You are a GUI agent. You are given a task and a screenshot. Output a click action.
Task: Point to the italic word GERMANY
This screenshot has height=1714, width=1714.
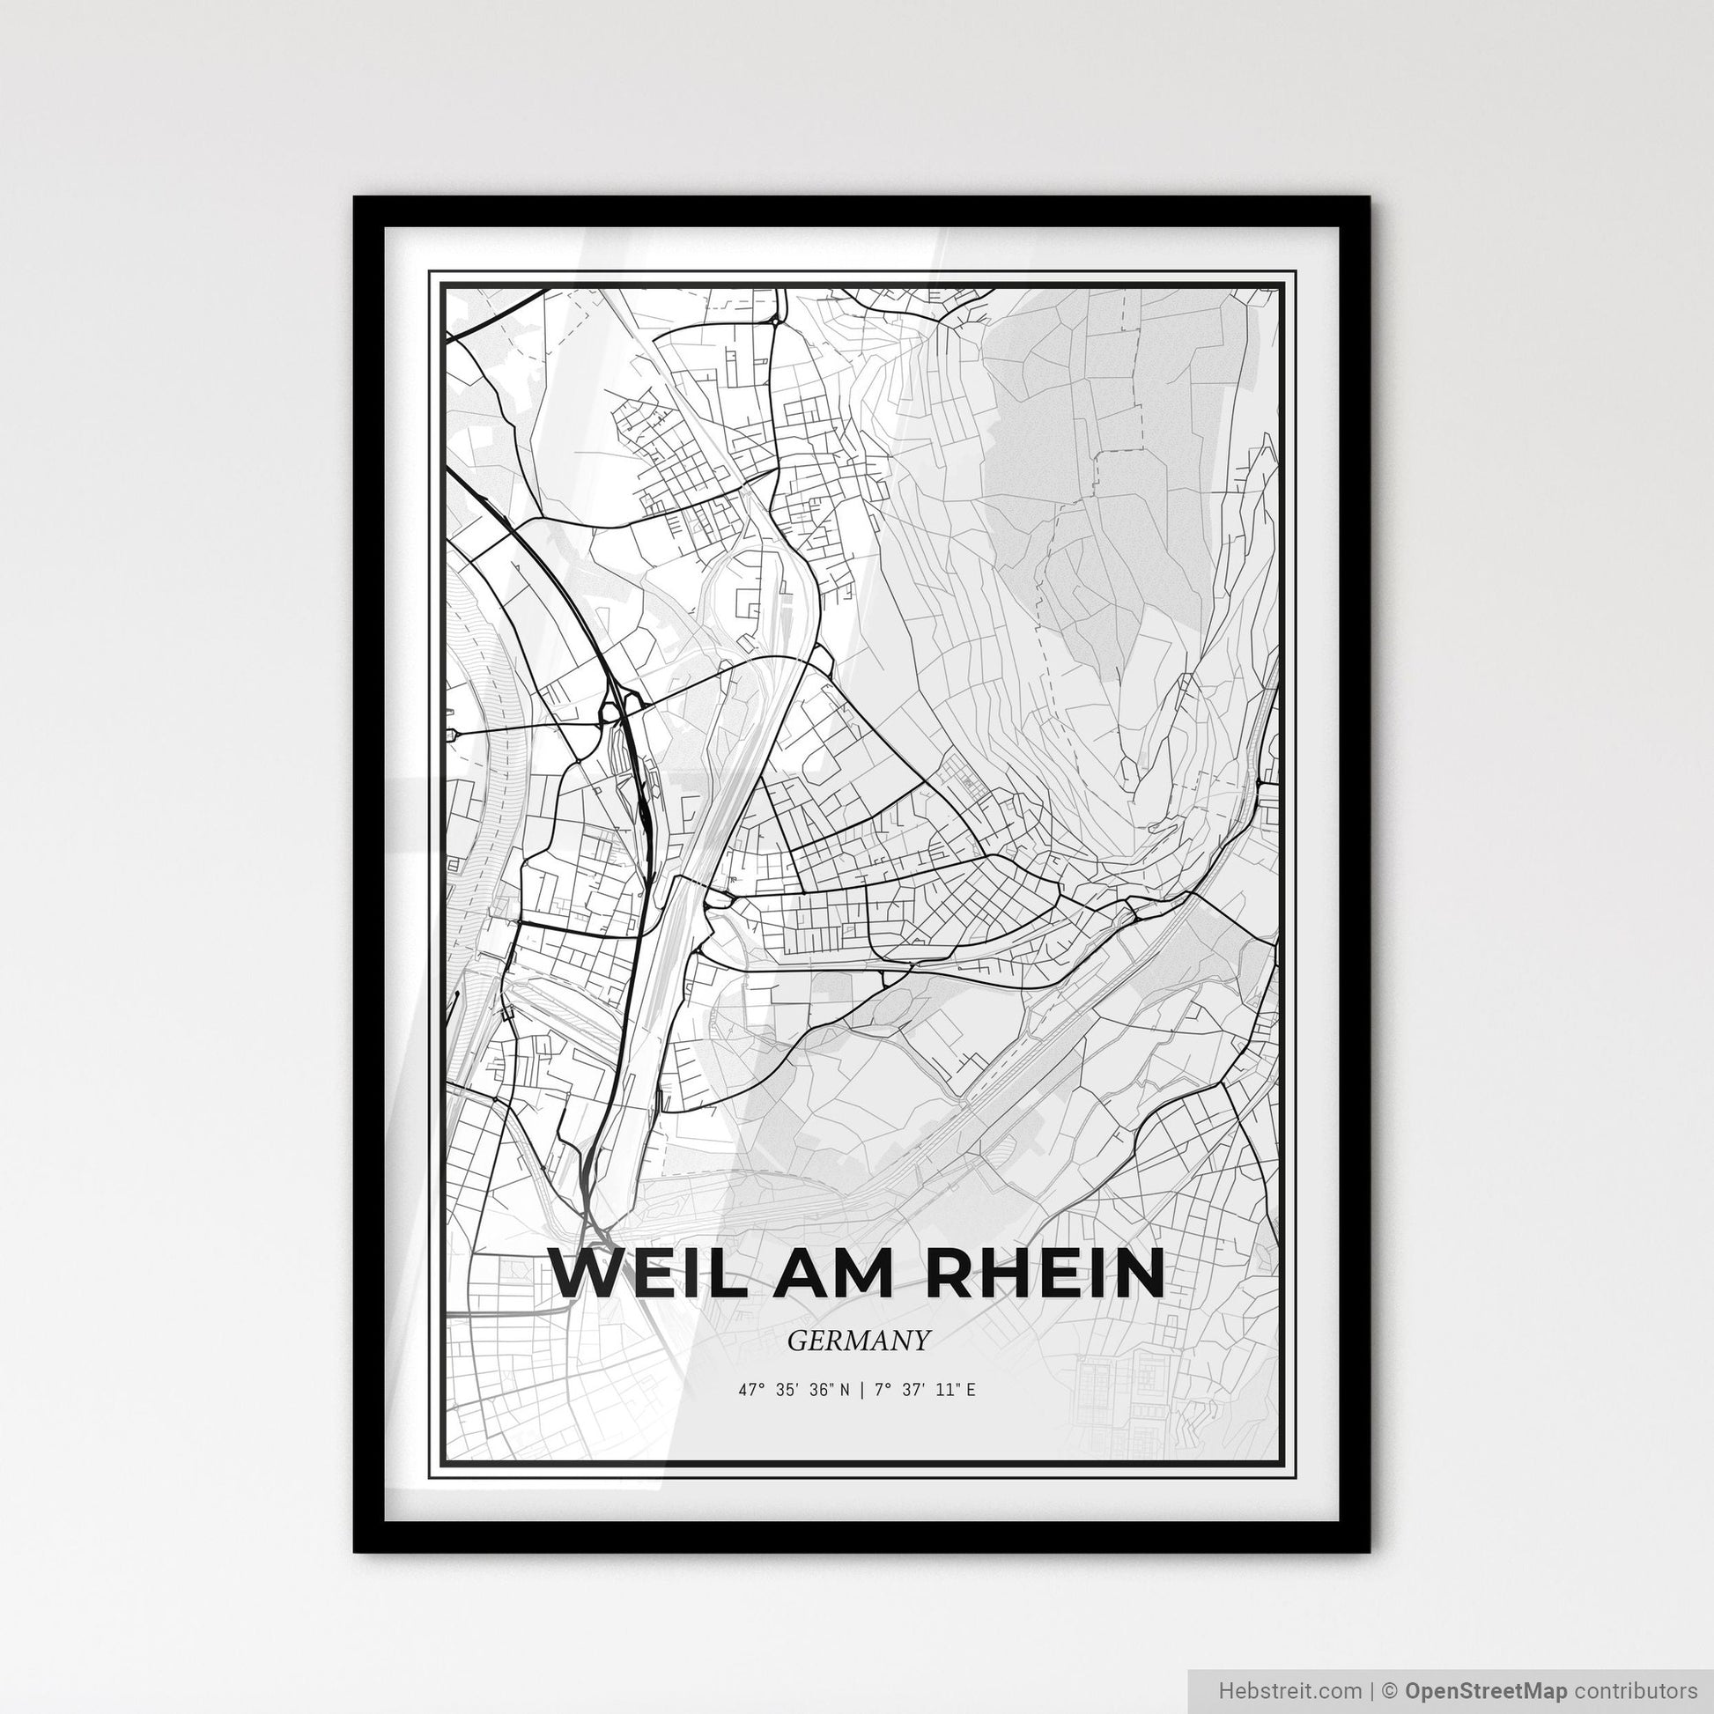[858, 1341]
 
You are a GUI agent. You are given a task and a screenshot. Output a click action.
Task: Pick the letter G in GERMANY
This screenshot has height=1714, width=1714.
[794, 1341]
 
